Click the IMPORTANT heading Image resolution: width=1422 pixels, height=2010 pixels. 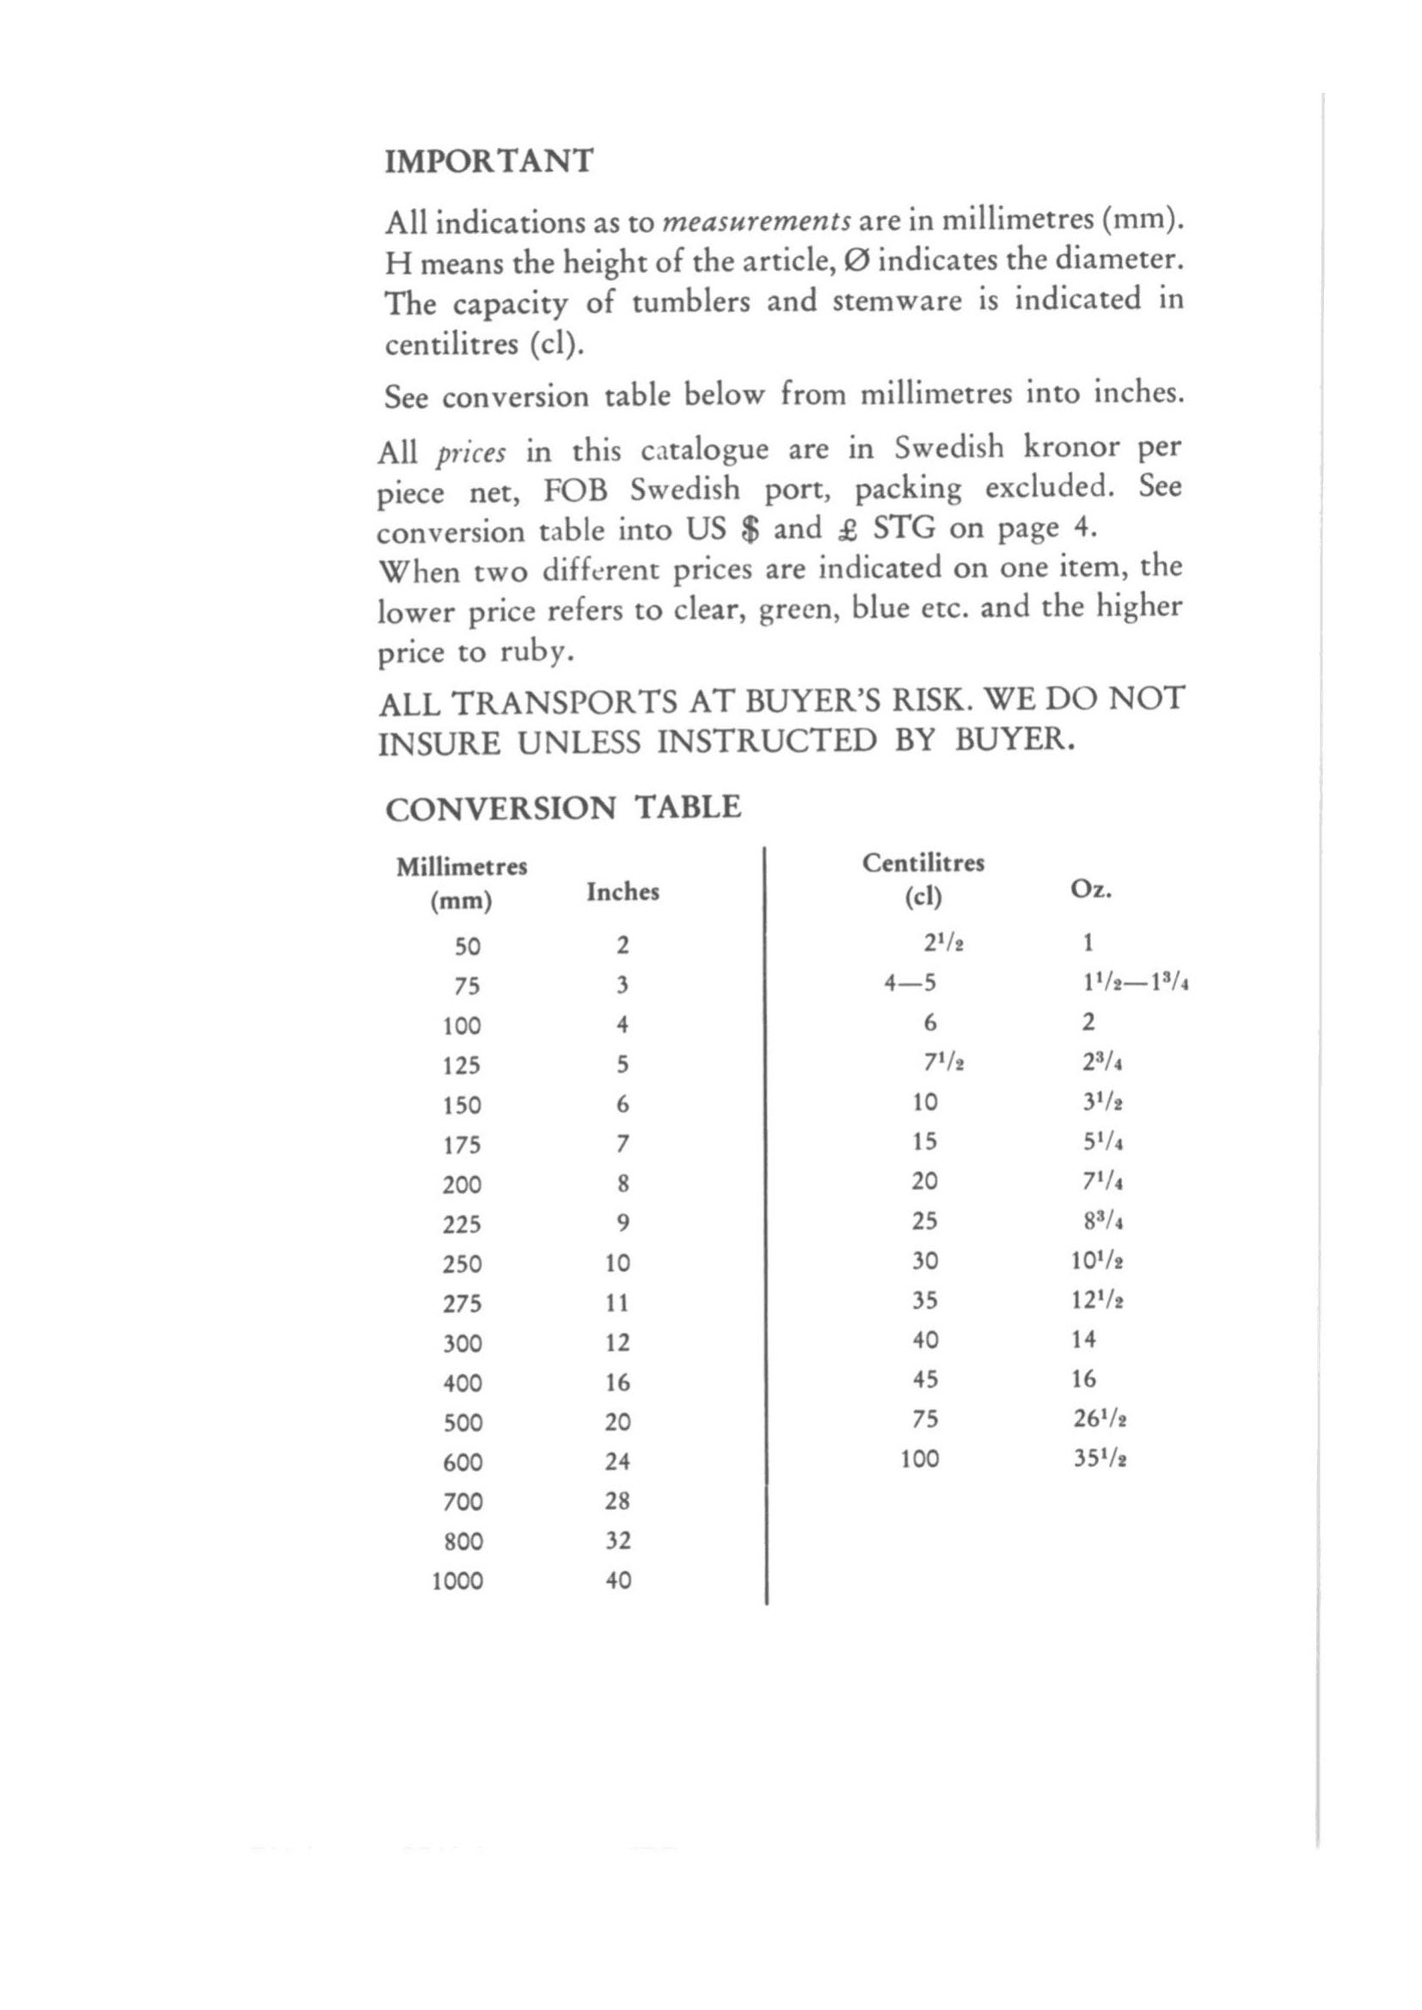coord(488,162)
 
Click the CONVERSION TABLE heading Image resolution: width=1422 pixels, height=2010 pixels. coord(562,807)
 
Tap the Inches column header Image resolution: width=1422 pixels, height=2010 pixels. coord(622,892)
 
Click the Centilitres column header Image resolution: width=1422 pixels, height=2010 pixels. coord(922,863)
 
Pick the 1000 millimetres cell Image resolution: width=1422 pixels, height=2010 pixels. coord(457,1581)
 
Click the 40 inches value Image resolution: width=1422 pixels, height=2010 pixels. coord(618,1580)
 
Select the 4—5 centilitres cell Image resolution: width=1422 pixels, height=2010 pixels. coord(910,983)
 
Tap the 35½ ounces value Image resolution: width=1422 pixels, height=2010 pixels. coord(1099,1458)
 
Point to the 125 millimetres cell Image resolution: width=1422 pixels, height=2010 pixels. coord(463,1066)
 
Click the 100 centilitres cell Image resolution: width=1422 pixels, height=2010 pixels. coord(919,1458)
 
